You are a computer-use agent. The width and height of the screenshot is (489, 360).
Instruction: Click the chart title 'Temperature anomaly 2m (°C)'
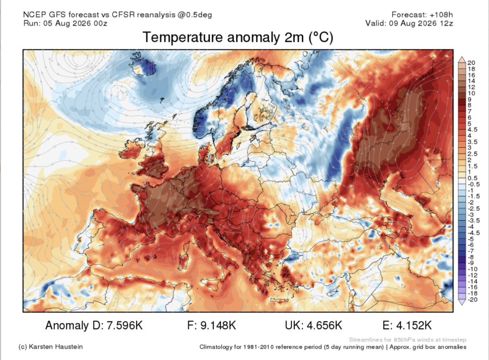[238, 37]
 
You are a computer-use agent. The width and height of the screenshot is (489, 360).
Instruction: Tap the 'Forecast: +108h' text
[422, 14]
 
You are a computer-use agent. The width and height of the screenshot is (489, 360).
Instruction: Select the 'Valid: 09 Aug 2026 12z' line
[409, 23]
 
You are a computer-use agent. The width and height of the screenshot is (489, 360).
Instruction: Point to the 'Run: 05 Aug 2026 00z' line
[65, 23]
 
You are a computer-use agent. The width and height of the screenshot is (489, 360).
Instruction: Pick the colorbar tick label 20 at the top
[471, 63]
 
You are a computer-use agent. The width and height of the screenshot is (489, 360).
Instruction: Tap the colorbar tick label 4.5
[472, 129]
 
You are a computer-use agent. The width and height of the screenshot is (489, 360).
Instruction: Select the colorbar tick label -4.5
[473, 233]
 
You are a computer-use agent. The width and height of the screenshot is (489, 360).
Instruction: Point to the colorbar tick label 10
[471, 93]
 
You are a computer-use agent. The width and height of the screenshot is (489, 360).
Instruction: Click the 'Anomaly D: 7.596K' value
[94, 325]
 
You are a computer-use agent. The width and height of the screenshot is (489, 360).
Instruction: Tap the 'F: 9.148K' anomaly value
[212, 325]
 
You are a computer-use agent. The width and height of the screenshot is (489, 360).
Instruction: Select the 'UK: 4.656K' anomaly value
[313, 325]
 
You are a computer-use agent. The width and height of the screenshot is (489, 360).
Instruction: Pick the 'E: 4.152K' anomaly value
[407, 325]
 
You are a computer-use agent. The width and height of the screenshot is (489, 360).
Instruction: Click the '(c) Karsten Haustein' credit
[51, 347]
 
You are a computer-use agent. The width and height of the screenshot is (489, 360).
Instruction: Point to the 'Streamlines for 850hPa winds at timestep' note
[408, 340]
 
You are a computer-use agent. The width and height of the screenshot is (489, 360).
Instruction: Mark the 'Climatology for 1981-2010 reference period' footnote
[292, 347]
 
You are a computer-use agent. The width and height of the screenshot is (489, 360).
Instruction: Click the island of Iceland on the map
[143, 64]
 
